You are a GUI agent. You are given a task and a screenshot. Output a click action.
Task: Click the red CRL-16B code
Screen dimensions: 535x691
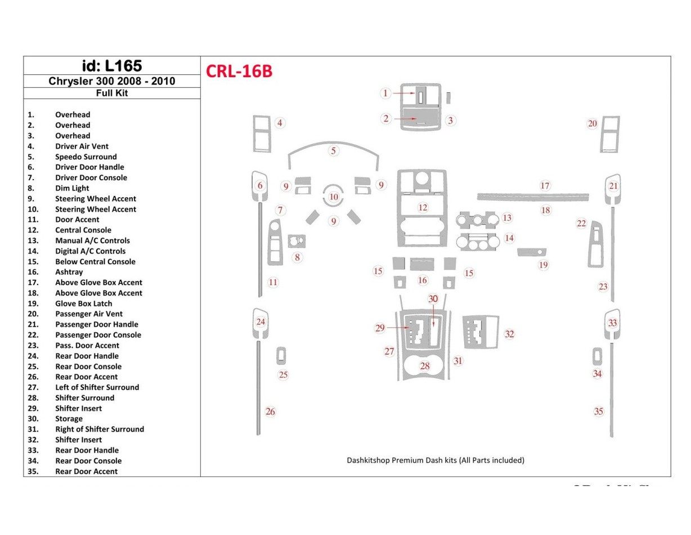pos(239,72)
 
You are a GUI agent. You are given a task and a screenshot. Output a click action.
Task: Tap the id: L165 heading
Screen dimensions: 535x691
pos(111,65)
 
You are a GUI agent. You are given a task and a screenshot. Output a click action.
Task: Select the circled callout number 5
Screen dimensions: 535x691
pos(334,150)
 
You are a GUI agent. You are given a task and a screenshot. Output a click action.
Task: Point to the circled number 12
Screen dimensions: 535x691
pos(423,208)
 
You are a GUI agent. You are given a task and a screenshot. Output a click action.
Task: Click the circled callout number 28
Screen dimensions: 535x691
pos(425,366)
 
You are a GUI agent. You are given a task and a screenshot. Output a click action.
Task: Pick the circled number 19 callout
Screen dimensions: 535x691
pos(543,265)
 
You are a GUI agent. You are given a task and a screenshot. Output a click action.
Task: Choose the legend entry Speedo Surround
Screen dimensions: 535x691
pos(86,157)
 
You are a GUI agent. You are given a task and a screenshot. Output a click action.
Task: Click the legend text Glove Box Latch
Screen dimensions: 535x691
pos(83,304)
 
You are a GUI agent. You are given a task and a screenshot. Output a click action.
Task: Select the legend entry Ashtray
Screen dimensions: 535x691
pos(69,272)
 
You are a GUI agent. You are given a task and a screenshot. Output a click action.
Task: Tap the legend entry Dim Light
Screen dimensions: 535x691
pos(72,188)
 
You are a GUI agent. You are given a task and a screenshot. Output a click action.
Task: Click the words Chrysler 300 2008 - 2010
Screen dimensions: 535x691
pos(111,81)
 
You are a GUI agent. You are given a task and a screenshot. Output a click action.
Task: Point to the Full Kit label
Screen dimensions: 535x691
pos(111,93)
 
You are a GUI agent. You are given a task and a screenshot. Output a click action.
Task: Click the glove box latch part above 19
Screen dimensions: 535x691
pos(532,252)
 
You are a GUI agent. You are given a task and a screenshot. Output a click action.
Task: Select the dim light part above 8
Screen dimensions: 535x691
pos(297,242)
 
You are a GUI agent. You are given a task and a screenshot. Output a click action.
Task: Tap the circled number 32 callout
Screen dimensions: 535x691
pos(509,334)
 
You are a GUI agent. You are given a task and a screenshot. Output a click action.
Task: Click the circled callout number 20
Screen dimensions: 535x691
pos(593,123)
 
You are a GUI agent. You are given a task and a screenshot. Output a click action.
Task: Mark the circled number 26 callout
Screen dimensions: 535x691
pos(271,412)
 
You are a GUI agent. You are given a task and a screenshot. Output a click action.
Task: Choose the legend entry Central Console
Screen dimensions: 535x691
pos(83,230)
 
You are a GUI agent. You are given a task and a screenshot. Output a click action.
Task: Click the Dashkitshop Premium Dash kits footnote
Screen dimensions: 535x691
pos(435,460)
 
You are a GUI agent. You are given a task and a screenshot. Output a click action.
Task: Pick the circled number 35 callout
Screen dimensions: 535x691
pos(599,412)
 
